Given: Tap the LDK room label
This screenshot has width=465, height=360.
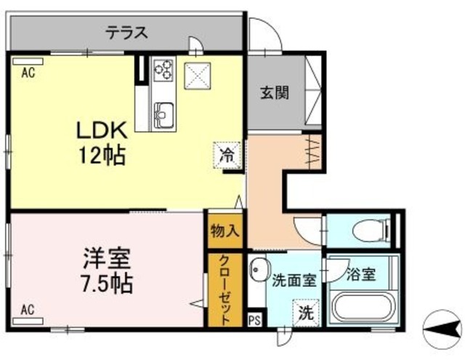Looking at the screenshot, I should tap(103, 132).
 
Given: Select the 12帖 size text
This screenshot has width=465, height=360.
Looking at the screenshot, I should tap(103, 155).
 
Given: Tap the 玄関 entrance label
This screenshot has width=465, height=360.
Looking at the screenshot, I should tap(275, 92).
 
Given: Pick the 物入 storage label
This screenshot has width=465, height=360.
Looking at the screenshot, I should tap(225, 231).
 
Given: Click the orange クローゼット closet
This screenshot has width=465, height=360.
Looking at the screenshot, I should tap(225, 290).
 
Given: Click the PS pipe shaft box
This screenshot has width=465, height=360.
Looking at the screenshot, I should tap(255, 319).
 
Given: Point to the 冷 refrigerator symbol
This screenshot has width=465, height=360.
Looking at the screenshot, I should tap(227, 154).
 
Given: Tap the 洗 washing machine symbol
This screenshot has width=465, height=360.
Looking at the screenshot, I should tap(307, 314).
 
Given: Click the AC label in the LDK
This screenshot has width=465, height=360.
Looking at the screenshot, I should tap(27, 72).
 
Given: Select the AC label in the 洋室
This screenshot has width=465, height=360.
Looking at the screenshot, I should tap(27, 309).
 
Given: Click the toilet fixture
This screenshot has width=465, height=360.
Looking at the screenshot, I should tap(367, 232).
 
